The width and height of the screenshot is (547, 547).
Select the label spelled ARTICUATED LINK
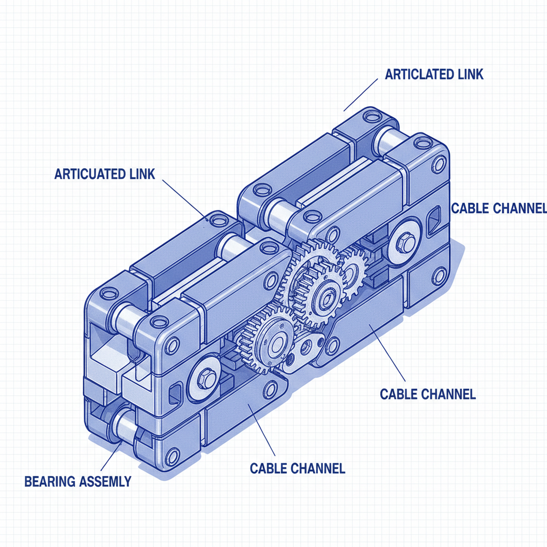tap(105, 174)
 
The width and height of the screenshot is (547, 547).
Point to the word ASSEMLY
tap(104, 481)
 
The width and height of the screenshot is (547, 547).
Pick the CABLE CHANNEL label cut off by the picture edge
tap(498, 208)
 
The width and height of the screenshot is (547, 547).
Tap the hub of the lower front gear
tap(277, 344)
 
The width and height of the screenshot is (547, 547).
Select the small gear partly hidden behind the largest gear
tap(352, 272)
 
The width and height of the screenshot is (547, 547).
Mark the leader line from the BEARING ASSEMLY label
tap(112, 456)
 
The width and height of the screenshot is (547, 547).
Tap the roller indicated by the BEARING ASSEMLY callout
tap(124, 427)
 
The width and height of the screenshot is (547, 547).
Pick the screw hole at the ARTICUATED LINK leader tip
tap(216, 219)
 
